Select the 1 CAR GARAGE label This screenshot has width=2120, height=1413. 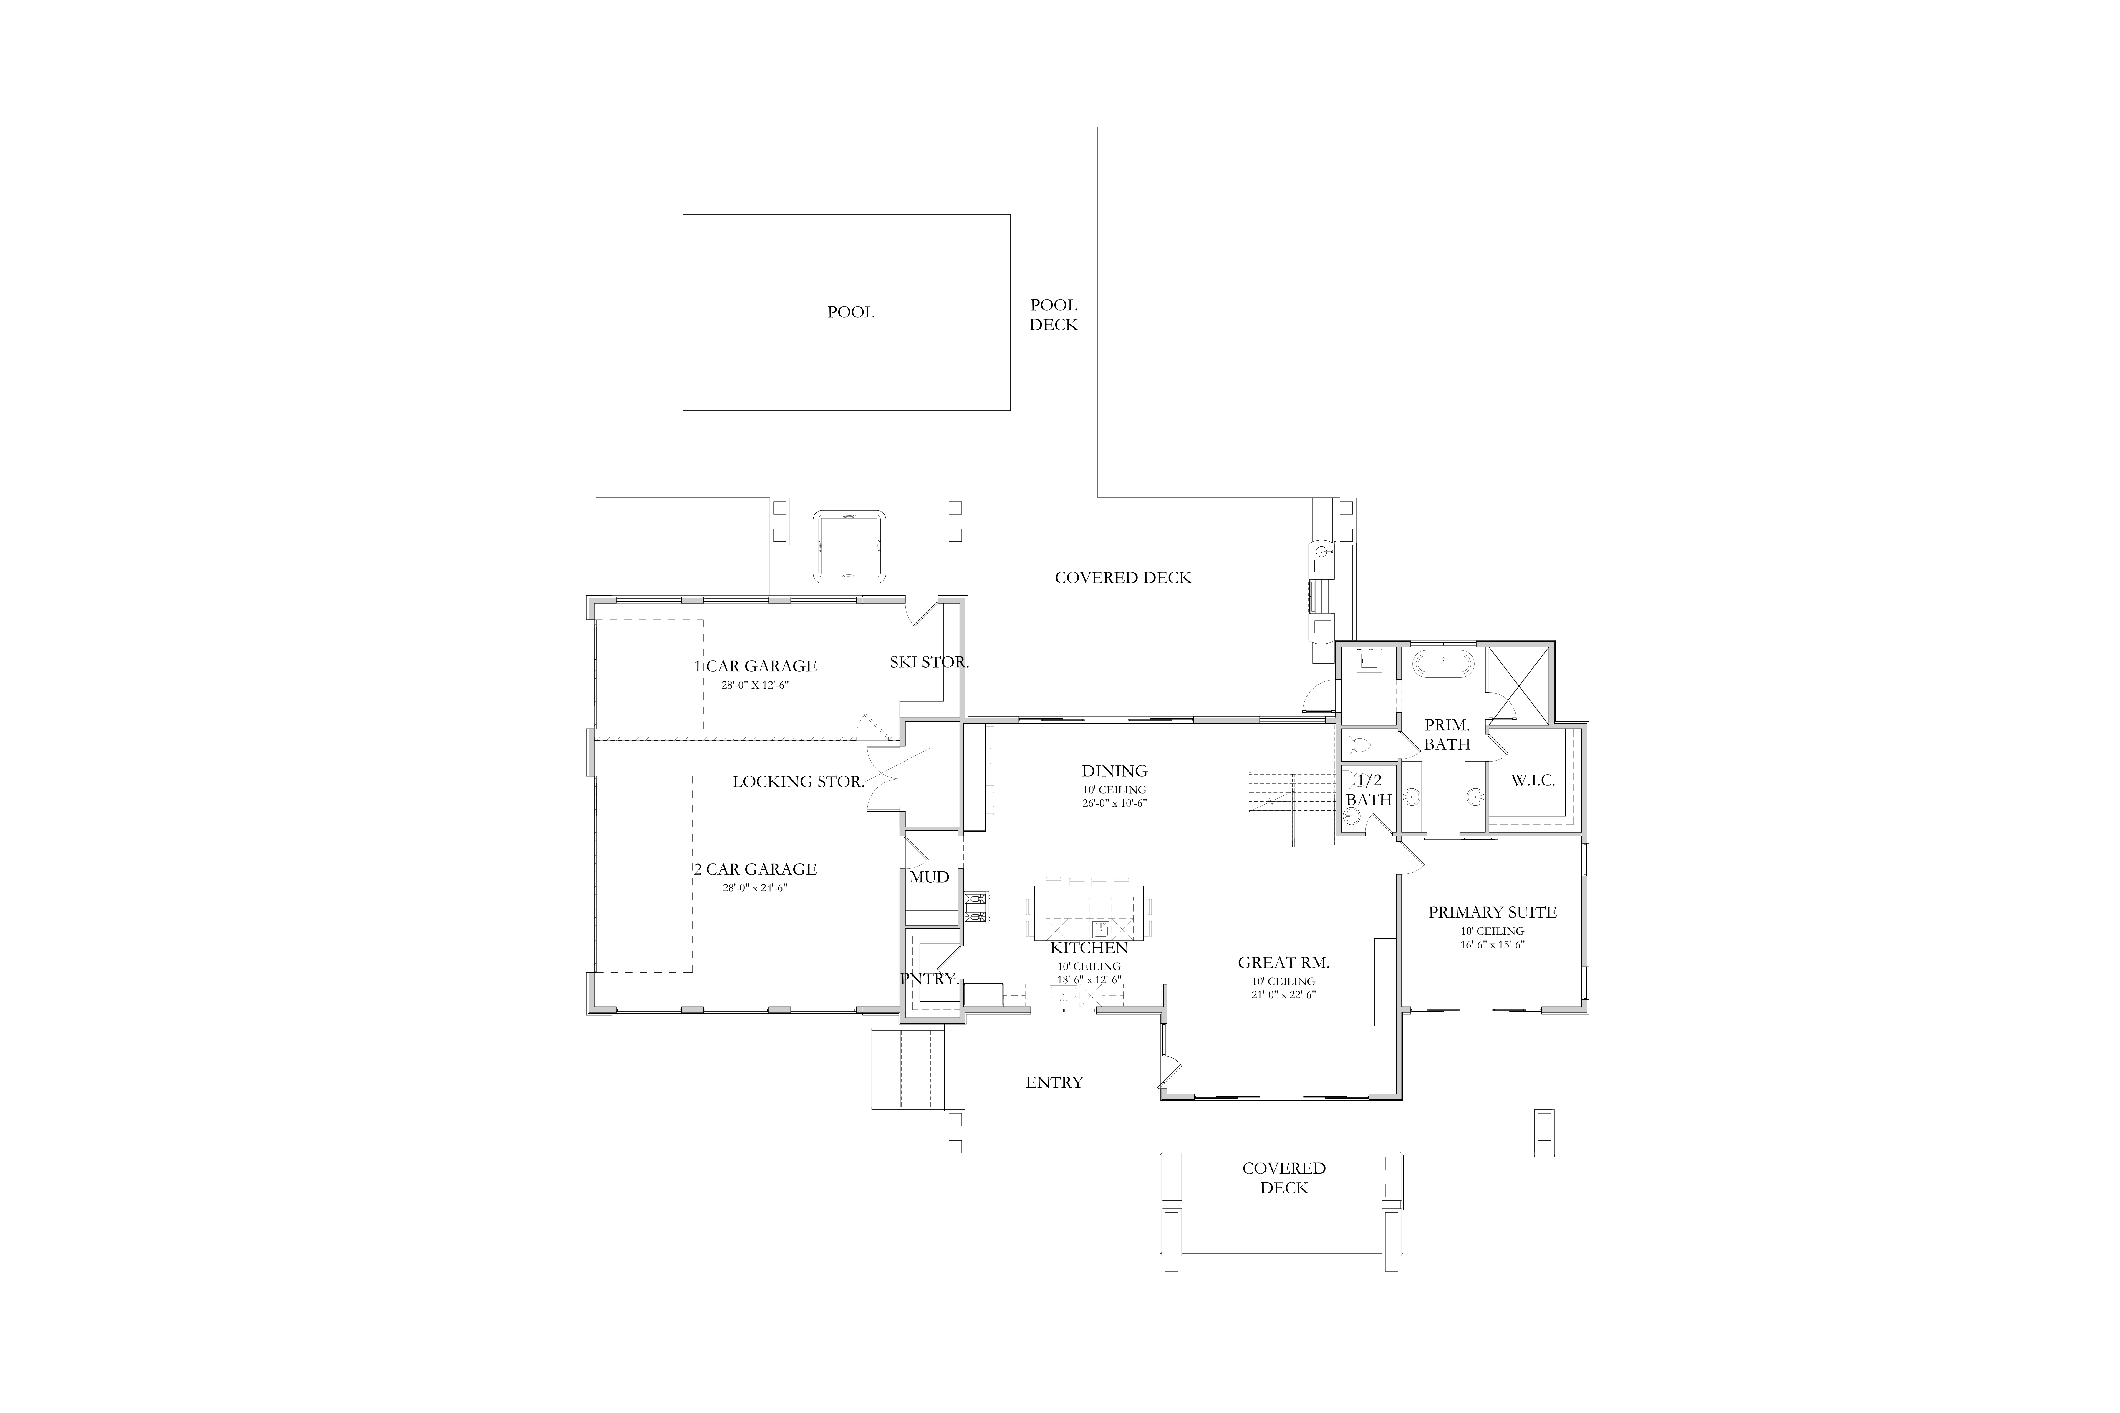pyautogui.click(x=755, y=666)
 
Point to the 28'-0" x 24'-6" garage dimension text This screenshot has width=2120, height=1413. pyautogui.click(x=755, y=888)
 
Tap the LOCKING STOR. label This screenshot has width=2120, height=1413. pyautogui.click(x=799, y=781)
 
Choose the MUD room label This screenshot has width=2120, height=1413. pyautogui.click(x=929, y=877)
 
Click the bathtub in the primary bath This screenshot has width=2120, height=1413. pyautogui.click(x=1443, y=665)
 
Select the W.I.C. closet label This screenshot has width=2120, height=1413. pyautogui.click(x=1533, y=780)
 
